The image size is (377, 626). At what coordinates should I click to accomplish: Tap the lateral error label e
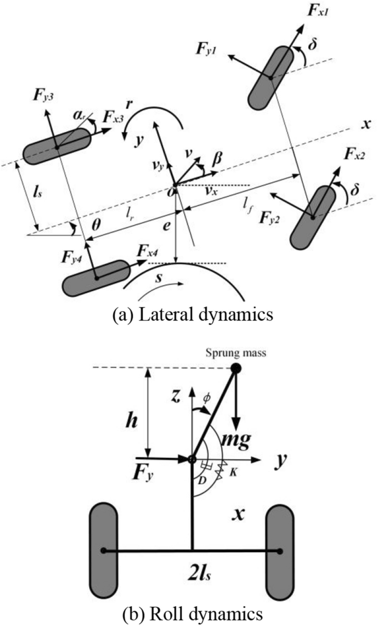point(165,227)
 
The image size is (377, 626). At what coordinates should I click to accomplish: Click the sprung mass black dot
point(236,369)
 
